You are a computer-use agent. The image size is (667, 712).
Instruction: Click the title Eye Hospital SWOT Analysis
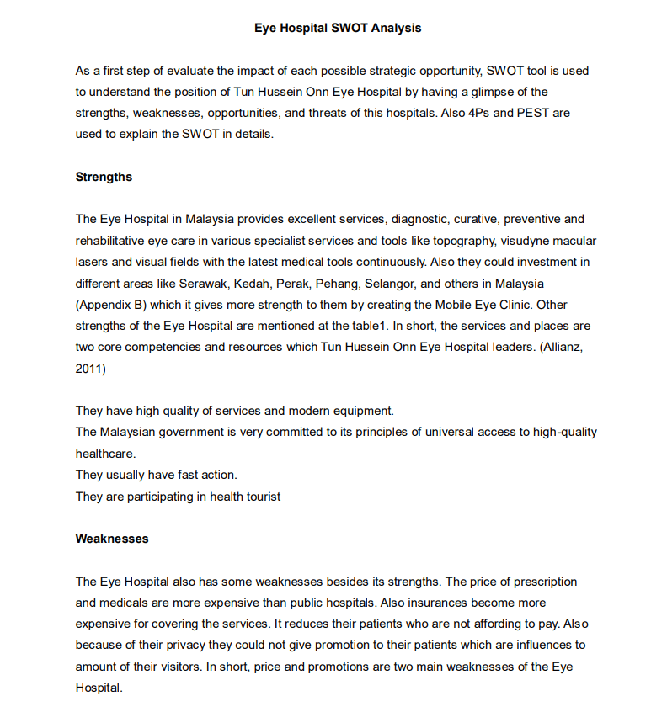(338, 28)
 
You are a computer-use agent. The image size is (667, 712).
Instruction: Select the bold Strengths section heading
(104, 177)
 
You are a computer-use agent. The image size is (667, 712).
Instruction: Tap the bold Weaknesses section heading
(112, 539)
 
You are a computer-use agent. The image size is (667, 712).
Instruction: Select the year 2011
(90, 368)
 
